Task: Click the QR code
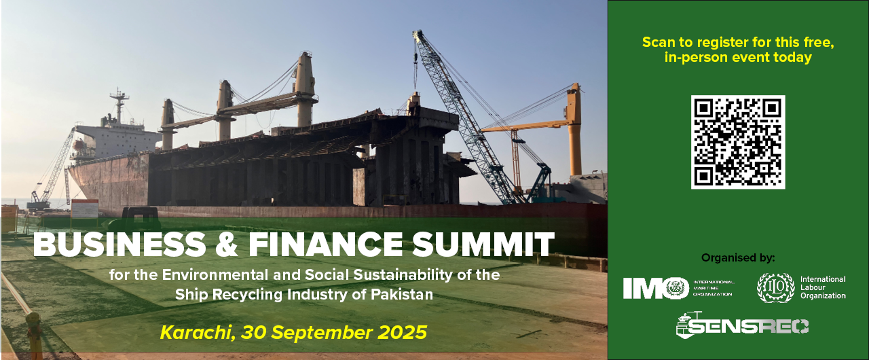pos(738,142)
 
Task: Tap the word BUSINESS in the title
pos(119,244)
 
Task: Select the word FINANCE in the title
pos(326,244)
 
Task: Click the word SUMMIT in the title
pos(483,244)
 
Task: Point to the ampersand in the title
pos(227,244)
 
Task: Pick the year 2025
pos(403,332)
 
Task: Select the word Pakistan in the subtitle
pos(402,294)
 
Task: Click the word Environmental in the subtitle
pos(215,274)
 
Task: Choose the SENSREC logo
pos(742,324)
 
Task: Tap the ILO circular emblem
pos(776,287)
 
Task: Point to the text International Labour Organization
pos(823,287)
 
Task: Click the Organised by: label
pos(738,257)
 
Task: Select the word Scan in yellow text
pos(659,42)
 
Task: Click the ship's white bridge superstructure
pos(116,141)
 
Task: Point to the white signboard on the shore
pos(85,209)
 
